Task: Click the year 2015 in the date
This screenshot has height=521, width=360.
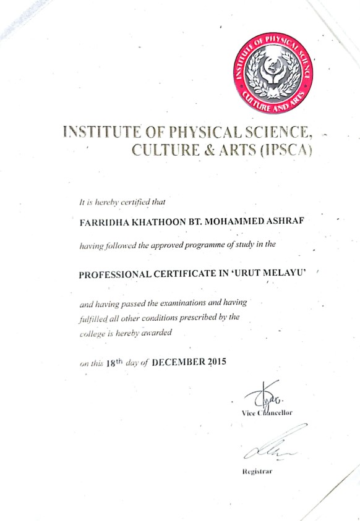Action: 214,362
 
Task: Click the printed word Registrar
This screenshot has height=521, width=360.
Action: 256,472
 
